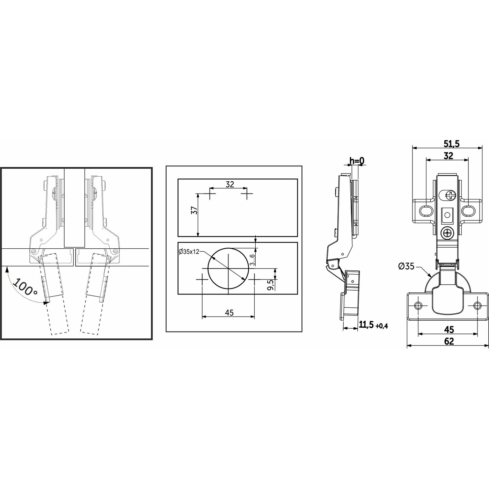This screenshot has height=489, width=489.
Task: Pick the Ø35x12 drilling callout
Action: click(x=189, y=252)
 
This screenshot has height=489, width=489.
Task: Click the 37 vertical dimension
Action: click(x=194, y=210)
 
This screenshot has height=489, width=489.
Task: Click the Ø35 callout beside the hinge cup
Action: click(x=406, y=266)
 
